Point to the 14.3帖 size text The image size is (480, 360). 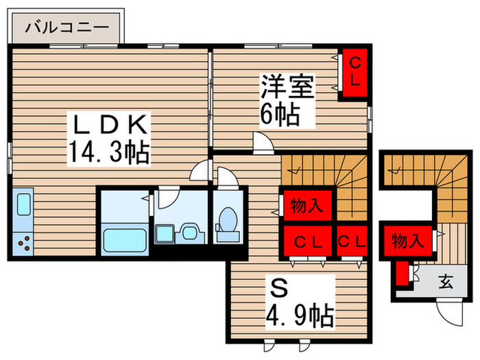click(x=108, y=152)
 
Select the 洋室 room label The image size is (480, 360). click(x=287, y=88)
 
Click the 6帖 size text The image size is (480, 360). click(x=279, y=115)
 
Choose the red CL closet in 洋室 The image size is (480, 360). click(x=355, y=72)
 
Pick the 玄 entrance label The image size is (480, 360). click(x=446, y=280)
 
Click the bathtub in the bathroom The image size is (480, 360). click(x=123, y=240)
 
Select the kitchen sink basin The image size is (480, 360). click(x=23, y=205)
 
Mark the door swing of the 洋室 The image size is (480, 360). click(x=262, y=142)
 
